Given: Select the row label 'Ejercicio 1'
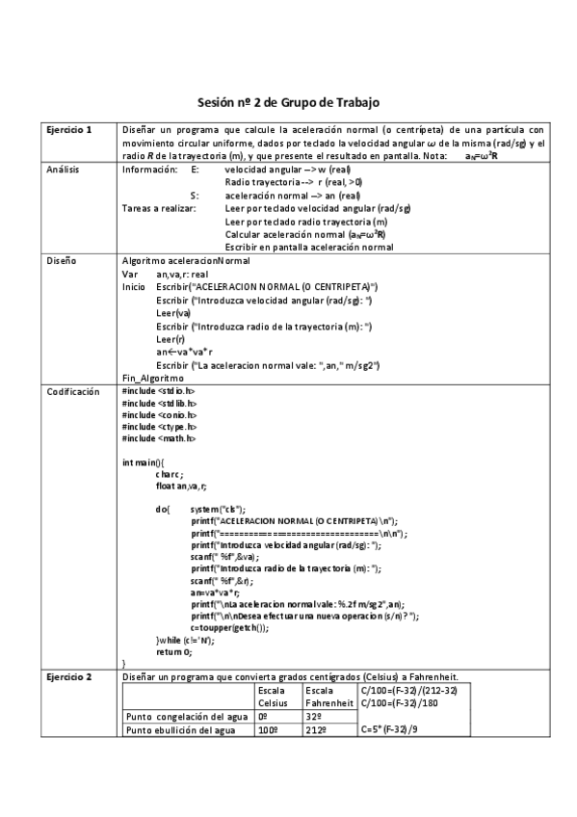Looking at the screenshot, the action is [69, 129].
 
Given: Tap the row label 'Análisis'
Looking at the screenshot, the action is [64, 169].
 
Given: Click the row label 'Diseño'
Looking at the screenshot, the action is [61, 260].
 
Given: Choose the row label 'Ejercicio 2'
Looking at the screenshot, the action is [69, 676].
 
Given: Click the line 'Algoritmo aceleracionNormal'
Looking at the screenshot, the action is [186, 261].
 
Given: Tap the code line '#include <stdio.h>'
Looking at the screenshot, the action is [159, 392].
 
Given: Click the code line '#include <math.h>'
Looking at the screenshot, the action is [159, 438].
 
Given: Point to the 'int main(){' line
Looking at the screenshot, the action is [144, 462].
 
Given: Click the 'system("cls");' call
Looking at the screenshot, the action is [218, 509].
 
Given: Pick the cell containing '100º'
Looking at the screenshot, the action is [267, 731].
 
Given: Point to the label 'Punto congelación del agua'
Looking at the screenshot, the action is [182, 716].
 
